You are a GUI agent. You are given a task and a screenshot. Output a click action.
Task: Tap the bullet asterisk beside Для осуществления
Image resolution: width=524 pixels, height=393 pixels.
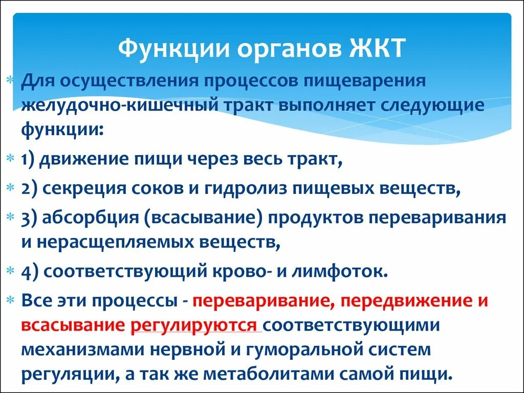pos(11,82)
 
